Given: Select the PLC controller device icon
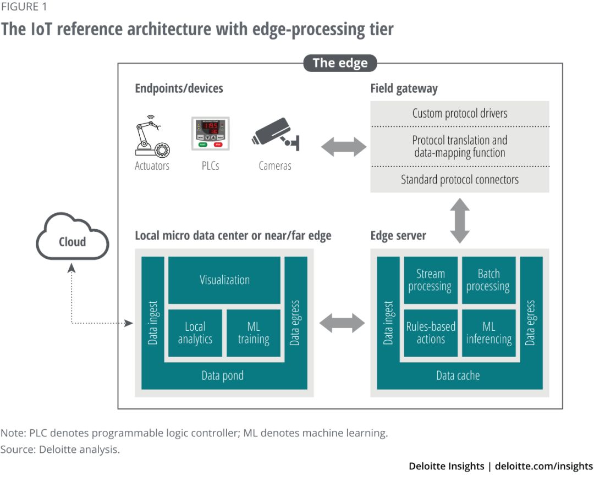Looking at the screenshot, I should pos(210,134).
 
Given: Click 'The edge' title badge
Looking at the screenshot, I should pos(340,63).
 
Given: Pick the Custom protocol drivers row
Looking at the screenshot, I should pos(460,114).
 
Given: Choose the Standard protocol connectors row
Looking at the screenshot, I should pos(460,179).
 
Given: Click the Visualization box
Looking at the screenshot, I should pos(224,280).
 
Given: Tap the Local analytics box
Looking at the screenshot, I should pos(195,333).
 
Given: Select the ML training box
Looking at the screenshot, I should pos(254,333).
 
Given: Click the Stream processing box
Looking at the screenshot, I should pos(430,280).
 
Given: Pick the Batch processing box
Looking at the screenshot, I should pos(488,280).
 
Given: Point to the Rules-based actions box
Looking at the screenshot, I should pos(430,333).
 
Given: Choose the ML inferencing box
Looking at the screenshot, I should pos(488,333).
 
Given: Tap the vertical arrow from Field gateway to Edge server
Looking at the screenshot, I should pos(460,220).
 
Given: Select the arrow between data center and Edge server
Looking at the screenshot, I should pos(342,323).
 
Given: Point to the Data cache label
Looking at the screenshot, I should pos(458,376).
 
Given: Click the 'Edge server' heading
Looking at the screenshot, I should pos(398,236).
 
